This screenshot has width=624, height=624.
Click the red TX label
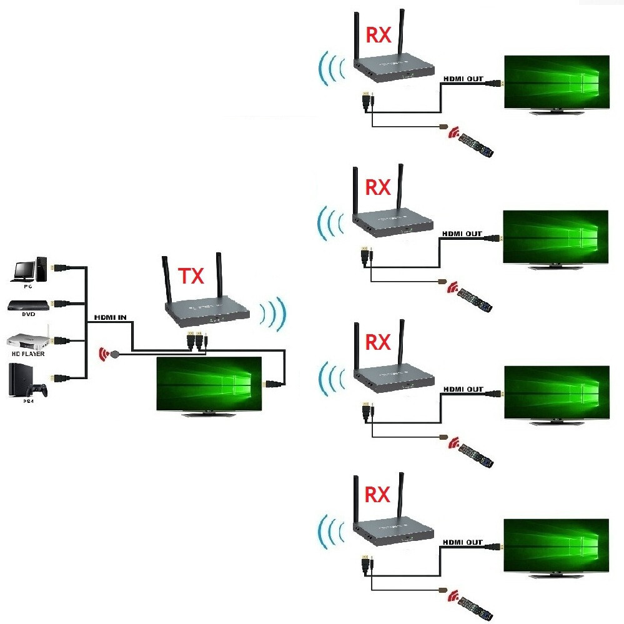pyautogui.click(x=191, y=275)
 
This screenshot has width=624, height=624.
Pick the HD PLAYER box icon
pyautogui.click(x=26, y=341)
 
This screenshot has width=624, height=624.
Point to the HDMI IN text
pyautogui.click(x=110, y=317)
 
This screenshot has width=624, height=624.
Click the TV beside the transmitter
pyautogui.click(x=209, y=383)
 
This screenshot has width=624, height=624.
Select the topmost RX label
pyautogui.click(x=378, y=35)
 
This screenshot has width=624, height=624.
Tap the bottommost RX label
pyautogui.click(x=377, y=495)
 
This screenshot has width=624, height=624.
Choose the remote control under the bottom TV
pyautogui.click(x=476, y=605)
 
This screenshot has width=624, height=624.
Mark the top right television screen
pyautogui.click(x=557, y=82)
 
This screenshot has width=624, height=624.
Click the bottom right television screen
pyautogui.click(x=557, y=545)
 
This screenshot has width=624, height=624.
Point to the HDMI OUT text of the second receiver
pyautogui.click(x=462, y=234)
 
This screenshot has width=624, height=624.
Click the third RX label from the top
pyautogui.click(x=377, y=342)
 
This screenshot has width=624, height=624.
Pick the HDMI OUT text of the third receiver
pyautogui.click(x=462, y=389)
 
